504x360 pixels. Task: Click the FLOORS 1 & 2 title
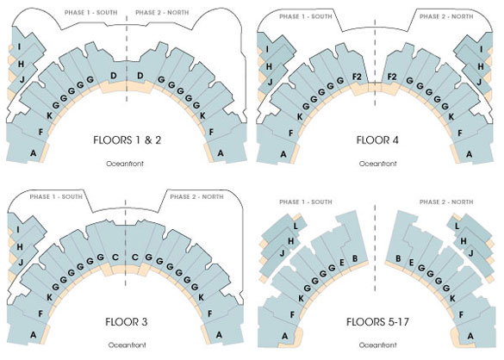pyautogui.click(x=127, y=140)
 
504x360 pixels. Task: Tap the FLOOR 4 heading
pyautogui.click(x=377, y=140)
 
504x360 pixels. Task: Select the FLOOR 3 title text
pyautogui.click(x=127, y=322)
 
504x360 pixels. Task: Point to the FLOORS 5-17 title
pyautogui.click(x=377, y=322)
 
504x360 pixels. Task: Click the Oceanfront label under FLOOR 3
pyautogui.click(x=127, y=344)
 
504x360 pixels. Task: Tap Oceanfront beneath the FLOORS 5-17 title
pyautogui.click(x=377, y=344)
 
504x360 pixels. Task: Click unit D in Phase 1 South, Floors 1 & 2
pyautogui.click(x=114, y=76)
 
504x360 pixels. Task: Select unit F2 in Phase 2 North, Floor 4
pyautogui.click(x=392, y=77)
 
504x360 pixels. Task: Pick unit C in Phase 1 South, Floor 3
pyautogui.click(x=115, y=258)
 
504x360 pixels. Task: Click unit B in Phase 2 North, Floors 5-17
pyautogui.click(x=398, y=258)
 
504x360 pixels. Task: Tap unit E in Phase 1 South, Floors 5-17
pyautogui.click(x=342, y=263)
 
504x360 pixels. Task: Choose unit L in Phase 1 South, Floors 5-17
pyautogui.click(x=296, y=227)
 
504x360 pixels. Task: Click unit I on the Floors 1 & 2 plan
pyautogui.click(x=20, y=47)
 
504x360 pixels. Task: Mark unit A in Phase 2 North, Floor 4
pyautogui.click(x=470, y=154)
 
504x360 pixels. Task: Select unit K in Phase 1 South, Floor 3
pyautogui.click(x=49, y=298)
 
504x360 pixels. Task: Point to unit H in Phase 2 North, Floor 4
pyautogui.click(x=481, y=66)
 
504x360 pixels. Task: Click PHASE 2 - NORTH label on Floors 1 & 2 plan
pyautogui.click(x=162, y=13)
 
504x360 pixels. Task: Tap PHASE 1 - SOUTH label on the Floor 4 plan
pyautogui.click(x=306, y=16)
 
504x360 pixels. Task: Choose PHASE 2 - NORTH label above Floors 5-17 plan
pyautogui.click(x=446, y=202)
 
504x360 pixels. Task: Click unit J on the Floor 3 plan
pyautogui.click(x=21, y=263)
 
